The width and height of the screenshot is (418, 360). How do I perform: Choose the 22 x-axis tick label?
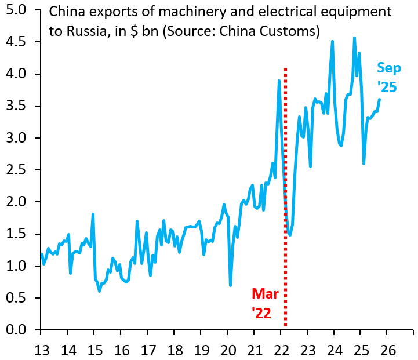pyautogui.click(x=281, y=350)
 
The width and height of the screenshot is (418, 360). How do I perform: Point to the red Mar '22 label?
pyautogui.click(x=265, y=303)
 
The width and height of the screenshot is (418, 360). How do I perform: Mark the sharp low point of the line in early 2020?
pyautogui.click(x=230, y=285)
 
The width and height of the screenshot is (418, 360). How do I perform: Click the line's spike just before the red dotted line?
pyautogui.click(x=279, y=81)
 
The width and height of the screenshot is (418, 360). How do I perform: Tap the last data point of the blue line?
pyautogui.click(x=379, y=99)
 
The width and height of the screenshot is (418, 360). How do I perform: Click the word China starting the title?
pyautogui.click(x=67, y=12)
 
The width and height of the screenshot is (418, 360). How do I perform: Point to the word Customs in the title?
pyautogui.click(x=288, y=31)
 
